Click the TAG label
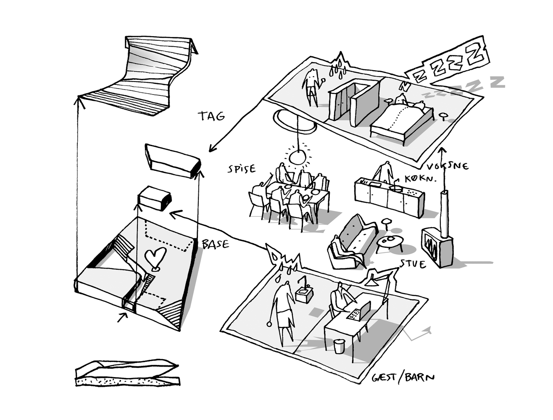pos(212,116)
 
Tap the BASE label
pos(215,244)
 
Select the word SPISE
pos(242,169)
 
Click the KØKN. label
pos(420,178)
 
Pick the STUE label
pos(413,264)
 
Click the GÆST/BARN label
pos(403,377)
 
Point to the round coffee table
pos(390,241)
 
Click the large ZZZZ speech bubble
pos(450,62)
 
